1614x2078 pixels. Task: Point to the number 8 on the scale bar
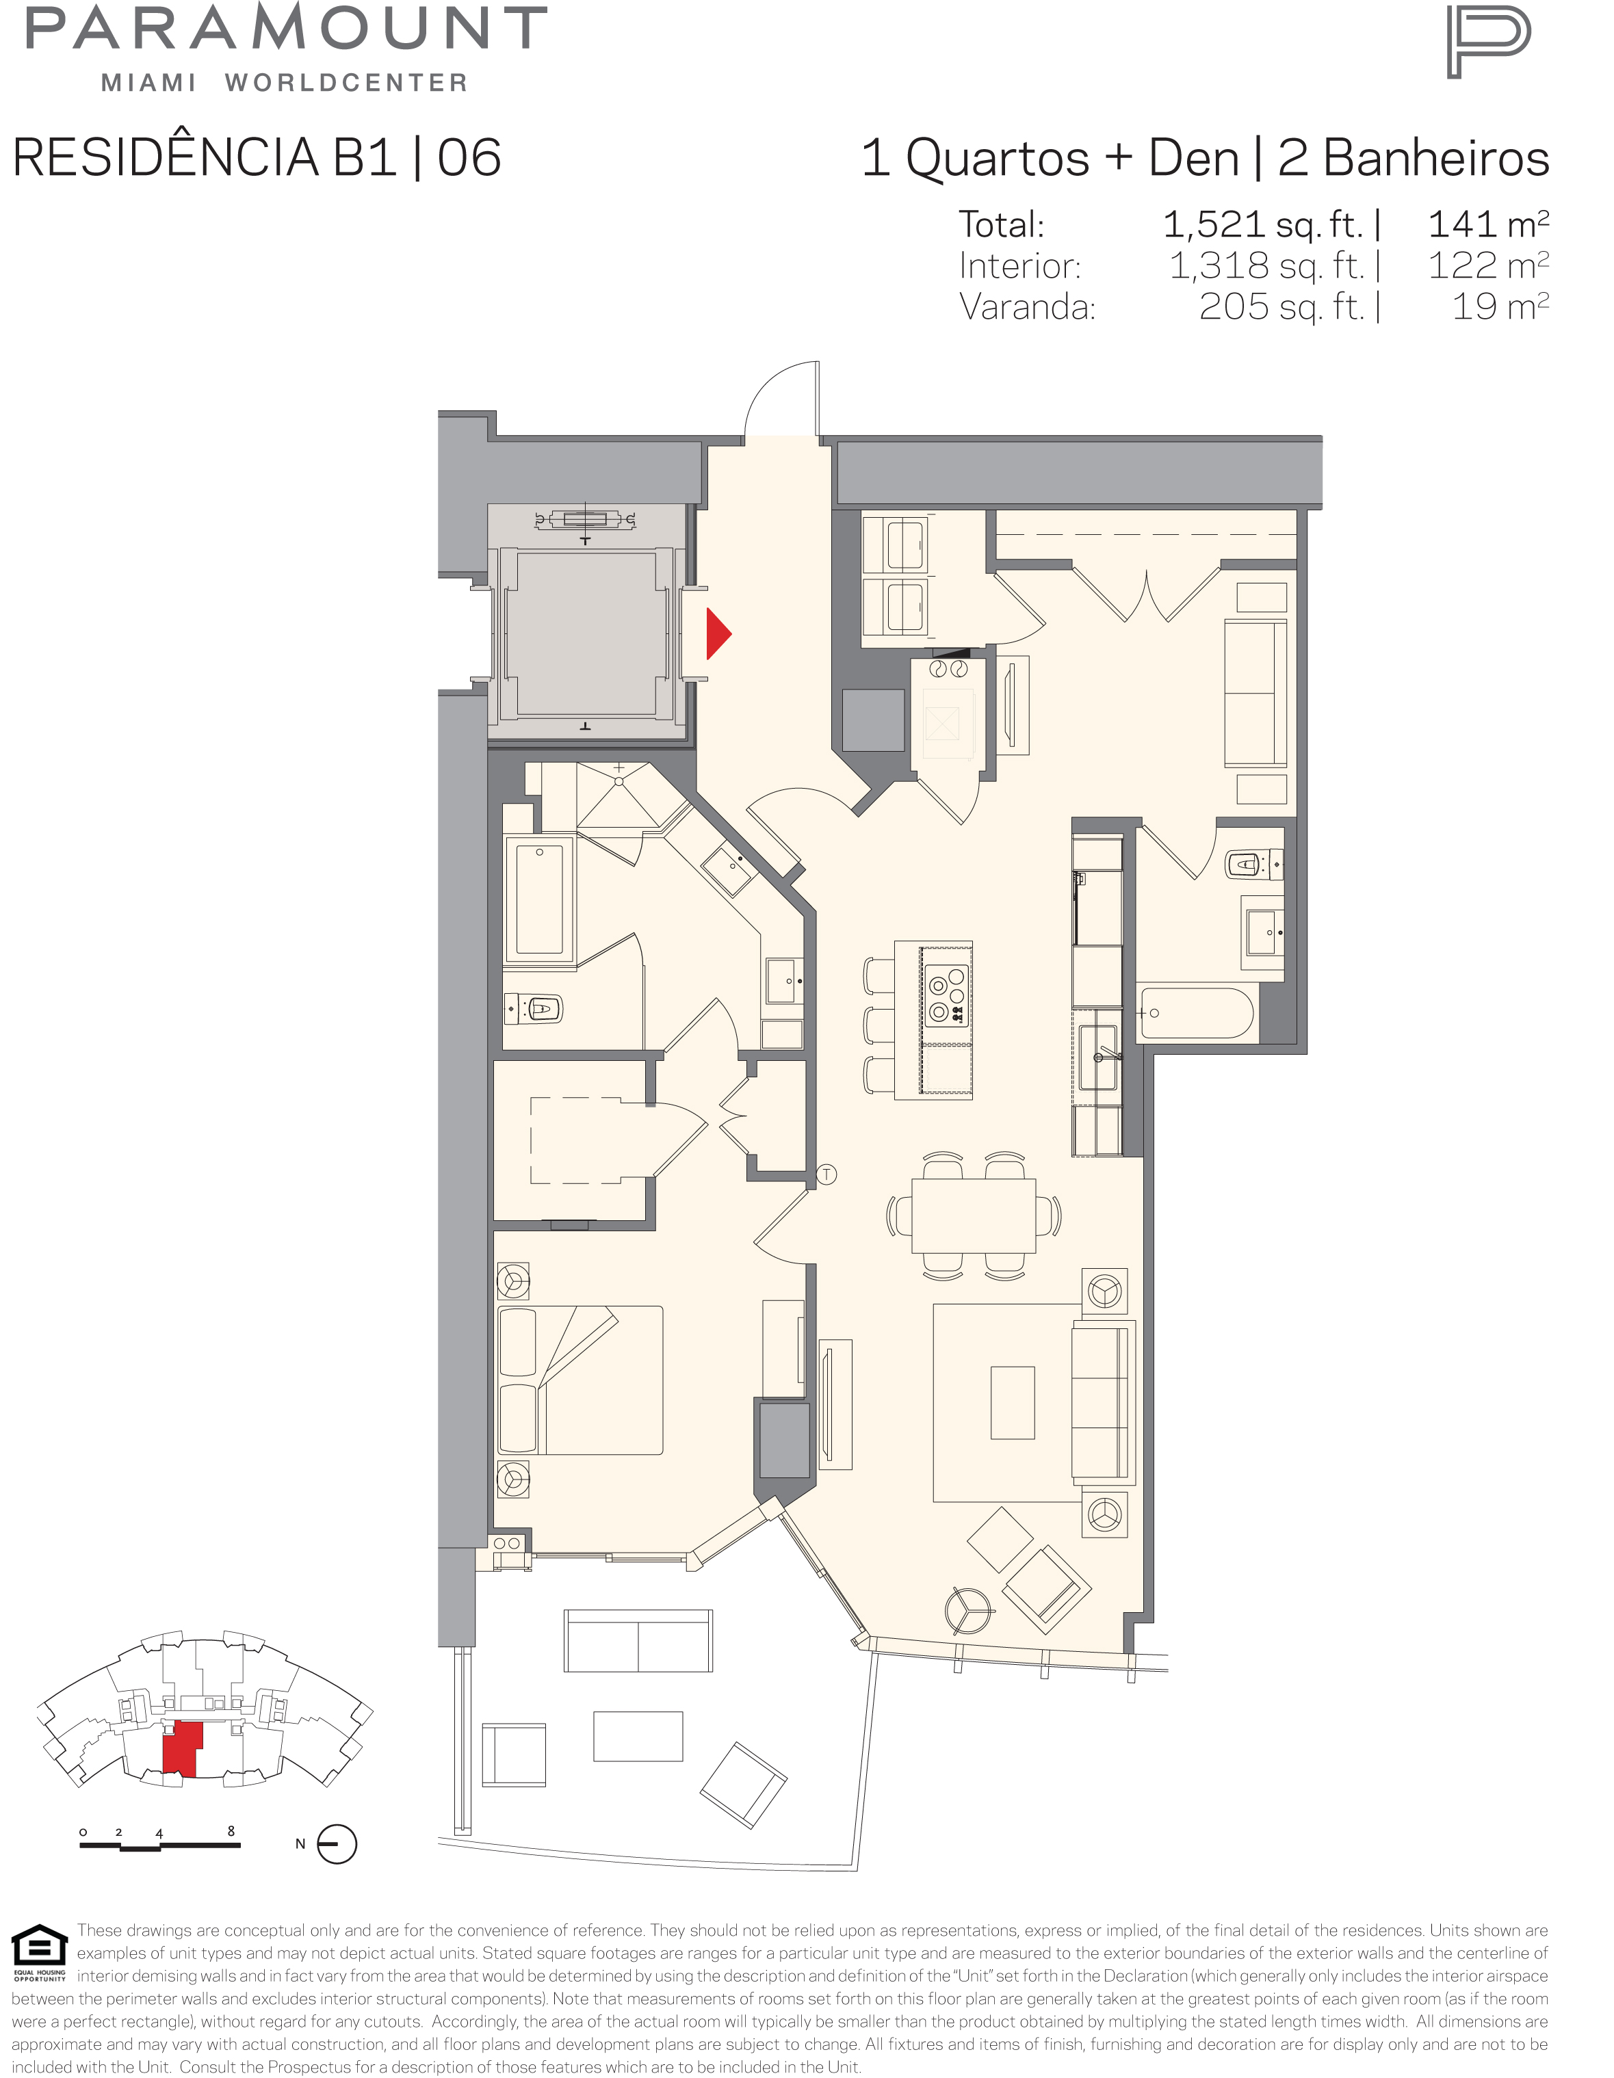coord(231,1830)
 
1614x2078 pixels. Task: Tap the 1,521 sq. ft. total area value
coord(1263,224)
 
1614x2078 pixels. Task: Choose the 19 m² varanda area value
coord(1500,306)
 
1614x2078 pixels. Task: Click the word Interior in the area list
coord(1019,265)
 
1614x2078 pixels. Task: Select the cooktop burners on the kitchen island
coord(947,995)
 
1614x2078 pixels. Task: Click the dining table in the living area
coord(974,1216)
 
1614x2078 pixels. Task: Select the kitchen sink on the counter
coord(1097,1057)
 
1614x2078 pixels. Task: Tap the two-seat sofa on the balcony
coord(638,1642)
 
